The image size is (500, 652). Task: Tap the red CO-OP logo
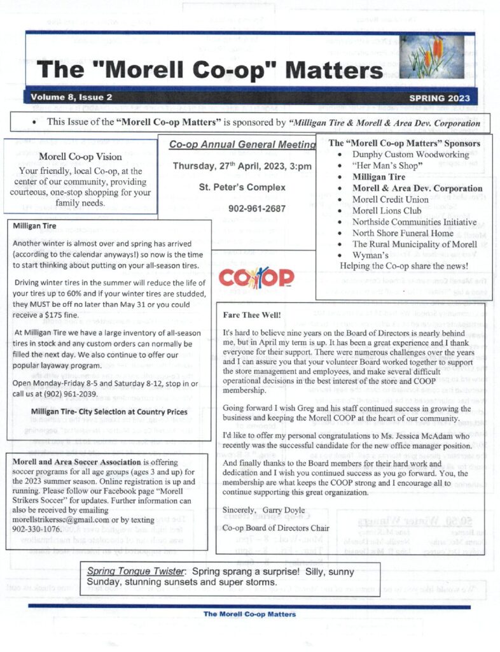[256, 277]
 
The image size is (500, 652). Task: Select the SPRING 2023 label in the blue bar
[440, 98]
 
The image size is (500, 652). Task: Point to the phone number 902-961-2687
[257, 208]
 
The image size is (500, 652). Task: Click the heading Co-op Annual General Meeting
[242, 145]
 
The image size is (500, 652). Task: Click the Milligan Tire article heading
[34, 225]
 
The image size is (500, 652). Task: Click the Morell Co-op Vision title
[80, 156]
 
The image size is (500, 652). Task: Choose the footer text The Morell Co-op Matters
[249, 614]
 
